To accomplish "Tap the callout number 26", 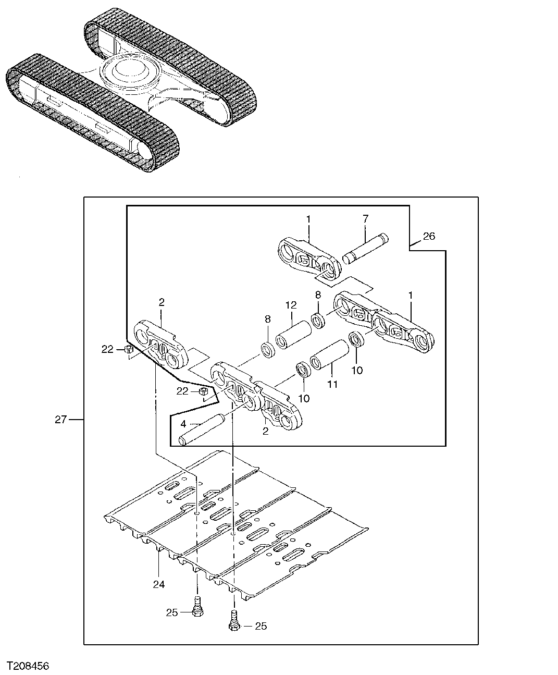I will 429,237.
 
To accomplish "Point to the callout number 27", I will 61,419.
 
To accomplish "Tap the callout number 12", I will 290,305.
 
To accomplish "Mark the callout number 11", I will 332,384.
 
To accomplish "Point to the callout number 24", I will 159,584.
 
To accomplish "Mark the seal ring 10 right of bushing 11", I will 356,339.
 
